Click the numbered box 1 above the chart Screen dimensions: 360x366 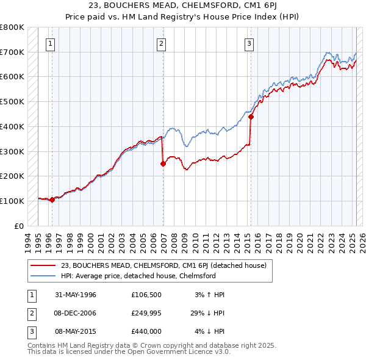tap(49, 43)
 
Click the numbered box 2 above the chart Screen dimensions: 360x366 tap(161, 43)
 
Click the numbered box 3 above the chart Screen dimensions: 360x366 tap(249, 43)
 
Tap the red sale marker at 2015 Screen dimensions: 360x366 tap(251, 117)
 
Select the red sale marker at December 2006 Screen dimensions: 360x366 tap(163, 164)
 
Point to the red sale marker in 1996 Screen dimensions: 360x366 tap(52, 200)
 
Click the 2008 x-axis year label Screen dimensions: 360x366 tap(174, 241)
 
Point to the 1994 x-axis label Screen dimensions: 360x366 tap(27, 241)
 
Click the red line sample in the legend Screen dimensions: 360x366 tap(43, 265)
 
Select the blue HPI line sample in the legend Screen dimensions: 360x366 tap(43, 276)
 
